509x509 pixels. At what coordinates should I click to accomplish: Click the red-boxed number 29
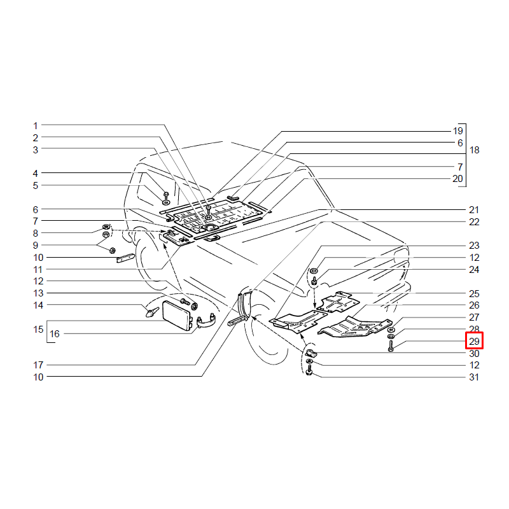tap(474, 341)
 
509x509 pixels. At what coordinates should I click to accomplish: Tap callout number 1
tap(36, 125)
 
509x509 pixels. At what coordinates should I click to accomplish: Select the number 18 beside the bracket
tap(474, 150)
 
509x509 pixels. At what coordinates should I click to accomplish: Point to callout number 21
tap(474, 210)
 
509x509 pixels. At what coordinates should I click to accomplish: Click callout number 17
tap(38, 365)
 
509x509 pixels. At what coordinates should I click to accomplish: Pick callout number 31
tap(474, 377)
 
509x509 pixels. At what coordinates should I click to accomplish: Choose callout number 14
tap(38, 305)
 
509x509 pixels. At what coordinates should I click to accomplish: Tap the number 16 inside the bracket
tap(55, 333)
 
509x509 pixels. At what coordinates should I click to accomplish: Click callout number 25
tap(474, 293)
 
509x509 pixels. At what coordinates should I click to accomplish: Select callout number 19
tap(457, 131)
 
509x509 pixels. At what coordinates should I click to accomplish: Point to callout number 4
tap(36, 173)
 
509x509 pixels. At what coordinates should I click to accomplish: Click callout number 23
tap(474, 246)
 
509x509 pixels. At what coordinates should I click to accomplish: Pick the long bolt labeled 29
tap(391, 344)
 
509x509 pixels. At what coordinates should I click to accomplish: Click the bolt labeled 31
tap(309, 370)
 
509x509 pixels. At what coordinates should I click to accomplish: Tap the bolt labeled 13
tap(185, 301)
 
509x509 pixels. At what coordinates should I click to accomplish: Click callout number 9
tap(36, 246)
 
